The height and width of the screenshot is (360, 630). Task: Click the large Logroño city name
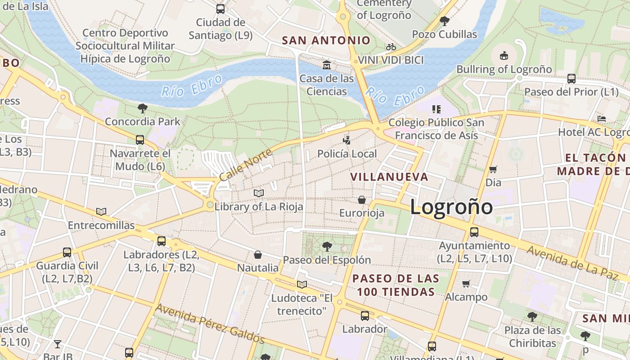point(451,207)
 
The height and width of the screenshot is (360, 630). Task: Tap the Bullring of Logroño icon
point(504,56)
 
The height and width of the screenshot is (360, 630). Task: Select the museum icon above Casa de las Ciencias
point(327,65)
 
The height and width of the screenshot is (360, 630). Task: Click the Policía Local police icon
point(346,140)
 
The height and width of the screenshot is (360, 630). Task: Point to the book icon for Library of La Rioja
point(259,193)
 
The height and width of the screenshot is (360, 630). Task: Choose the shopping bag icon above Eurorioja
point(362,199)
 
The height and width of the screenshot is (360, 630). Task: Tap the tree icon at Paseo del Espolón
point(327,246)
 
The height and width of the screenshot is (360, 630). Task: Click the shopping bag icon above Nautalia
point(258,255)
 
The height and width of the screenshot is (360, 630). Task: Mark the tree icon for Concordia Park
point(143,108)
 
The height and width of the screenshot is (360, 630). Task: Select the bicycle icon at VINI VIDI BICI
point(391,47)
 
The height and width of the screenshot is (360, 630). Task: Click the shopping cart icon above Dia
point(493,170)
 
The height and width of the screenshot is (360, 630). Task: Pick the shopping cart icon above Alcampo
point(466,283)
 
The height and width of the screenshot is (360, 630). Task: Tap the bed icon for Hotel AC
point(602,119)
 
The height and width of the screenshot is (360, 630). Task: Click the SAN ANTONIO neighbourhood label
point(326,40)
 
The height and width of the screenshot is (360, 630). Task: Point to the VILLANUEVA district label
point(389,177)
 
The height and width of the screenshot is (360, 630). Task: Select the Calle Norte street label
point(246,165)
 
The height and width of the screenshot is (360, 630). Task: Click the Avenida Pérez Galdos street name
point(210,323)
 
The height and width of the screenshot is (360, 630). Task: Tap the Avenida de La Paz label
point(572,262)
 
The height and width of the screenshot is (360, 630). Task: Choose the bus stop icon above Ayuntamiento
point(474,232)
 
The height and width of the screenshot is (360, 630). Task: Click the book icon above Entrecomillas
point(101,211)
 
